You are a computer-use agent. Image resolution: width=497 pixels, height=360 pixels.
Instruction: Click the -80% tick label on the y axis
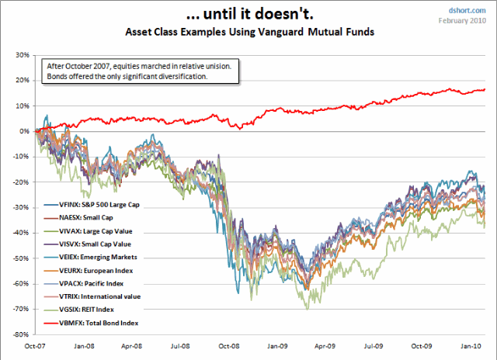(20, 335)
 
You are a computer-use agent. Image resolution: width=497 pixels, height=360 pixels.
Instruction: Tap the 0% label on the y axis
(23, 131)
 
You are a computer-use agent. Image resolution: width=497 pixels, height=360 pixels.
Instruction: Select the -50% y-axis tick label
(20, 258)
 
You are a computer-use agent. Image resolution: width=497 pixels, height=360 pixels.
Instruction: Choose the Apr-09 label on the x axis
(325, 344)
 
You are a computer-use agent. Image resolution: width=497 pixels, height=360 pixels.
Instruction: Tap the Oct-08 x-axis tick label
(229, 344)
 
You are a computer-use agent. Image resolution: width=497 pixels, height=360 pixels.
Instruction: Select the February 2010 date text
(467, 20)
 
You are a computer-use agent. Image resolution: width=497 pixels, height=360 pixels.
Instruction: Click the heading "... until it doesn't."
(248, 13)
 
